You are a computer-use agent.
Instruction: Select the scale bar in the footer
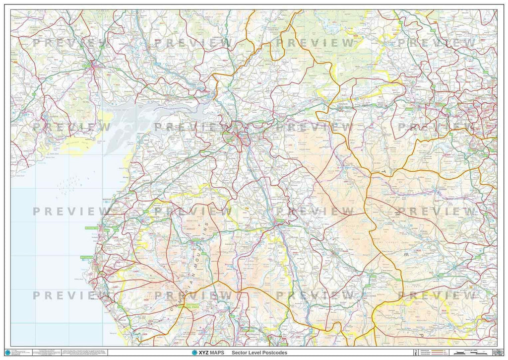(x=471, y=352)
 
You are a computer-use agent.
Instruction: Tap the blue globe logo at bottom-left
(x=7, y=353)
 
